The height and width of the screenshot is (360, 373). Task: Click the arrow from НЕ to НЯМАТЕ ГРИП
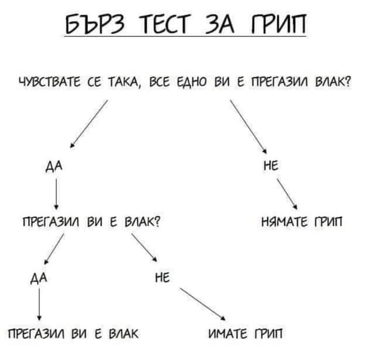click(286, 193)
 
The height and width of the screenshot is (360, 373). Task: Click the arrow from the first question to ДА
click(89, 124)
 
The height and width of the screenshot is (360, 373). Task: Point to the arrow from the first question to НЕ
click(248, 124)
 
